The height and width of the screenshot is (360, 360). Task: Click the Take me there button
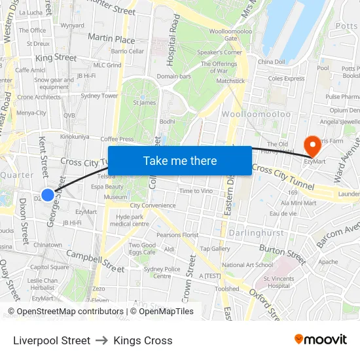click(180, 160)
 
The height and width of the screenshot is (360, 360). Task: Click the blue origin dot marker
click(48, 195)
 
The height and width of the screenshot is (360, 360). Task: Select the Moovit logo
click(320, 340)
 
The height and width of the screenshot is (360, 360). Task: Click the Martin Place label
click(111, 39)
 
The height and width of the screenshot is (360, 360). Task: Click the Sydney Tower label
click(99, 96)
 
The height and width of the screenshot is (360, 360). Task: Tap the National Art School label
click(247, 265)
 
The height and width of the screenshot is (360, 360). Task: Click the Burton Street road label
click(282, 253)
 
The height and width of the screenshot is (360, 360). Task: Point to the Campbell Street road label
click(96, 261)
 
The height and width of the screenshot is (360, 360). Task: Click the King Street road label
click(56, 58)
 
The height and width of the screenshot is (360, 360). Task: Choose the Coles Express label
click(286, 79)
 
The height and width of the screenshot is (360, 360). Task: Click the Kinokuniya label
click(75, 137)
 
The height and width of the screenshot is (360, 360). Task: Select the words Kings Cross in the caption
click(143, 340)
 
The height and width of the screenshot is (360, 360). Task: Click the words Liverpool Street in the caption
click(52, 340)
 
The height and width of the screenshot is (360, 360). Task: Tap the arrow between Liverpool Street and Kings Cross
click(101, 340)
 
